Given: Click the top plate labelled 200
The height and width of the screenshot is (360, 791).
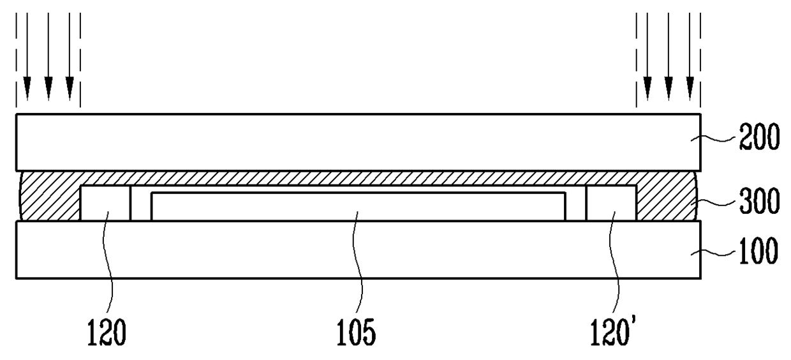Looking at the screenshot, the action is coord(357,142).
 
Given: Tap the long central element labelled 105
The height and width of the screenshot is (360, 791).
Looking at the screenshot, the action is coord(357,206).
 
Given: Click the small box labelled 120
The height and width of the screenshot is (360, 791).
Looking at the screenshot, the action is coord(105,204).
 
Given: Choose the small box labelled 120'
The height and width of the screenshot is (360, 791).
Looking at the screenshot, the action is coord(610,204).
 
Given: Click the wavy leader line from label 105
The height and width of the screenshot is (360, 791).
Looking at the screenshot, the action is coord(360,268).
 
